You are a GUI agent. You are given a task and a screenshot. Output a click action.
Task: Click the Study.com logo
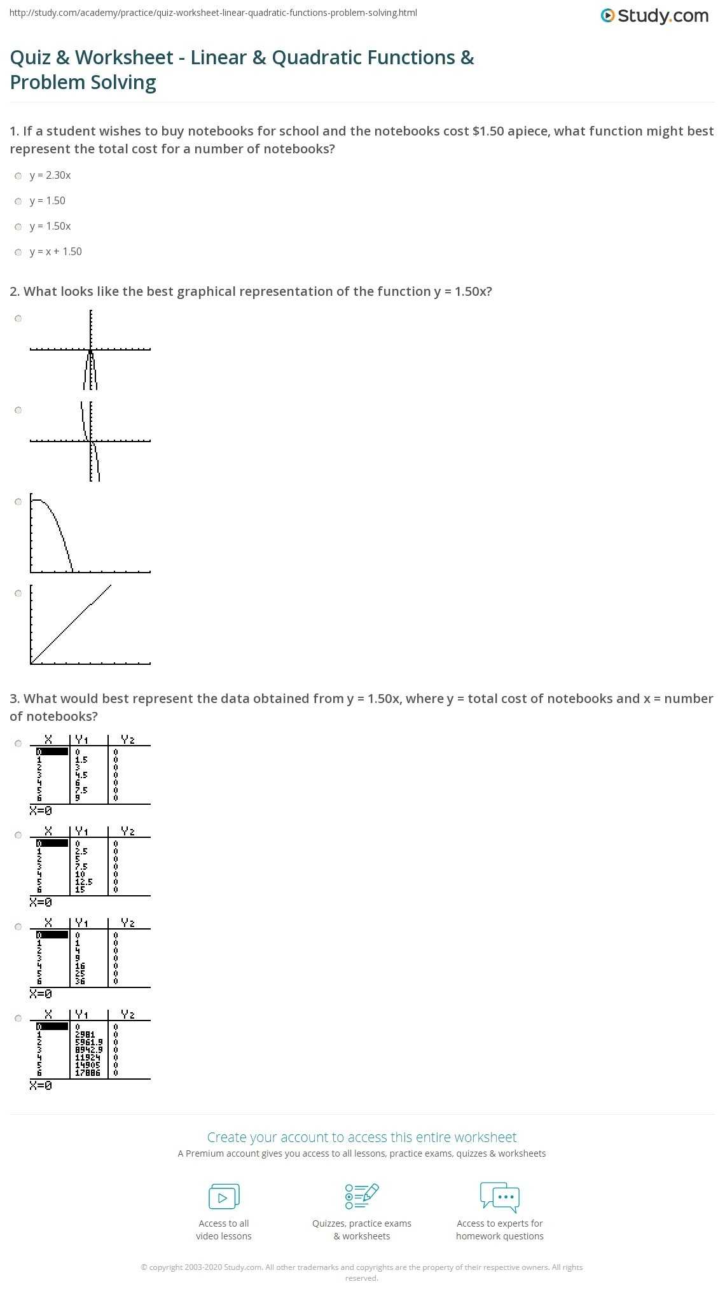[x=654, y=16]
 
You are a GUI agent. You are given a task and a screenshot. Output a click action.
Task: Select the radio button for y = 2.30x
[x=18, y=176]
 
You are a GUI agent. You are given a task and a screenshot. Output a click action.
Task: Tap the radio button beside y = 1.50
[x=18, y=201]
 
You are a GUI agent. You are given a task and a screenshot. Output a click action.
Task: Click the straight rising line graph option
[x=90, y=624]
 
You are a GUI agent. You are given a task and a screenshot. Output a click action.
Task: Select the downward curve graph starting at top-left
[x=90, y=534]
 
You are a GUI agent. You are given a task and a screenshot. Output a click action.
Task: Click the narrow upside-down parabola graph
[x=90, y=350]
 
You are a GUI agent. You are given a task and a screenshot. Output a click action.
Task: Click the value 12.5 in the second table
[x=83, y=882]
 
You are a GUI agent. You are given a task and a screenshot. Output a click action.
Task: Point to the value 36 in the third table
[x=80, y=981]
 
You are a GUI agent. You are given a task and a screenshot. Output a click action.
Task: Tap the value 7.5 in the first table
[x=81, y=790]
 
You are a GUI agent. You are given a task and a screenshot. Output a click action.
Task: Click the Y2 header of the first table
[x=128, y=739]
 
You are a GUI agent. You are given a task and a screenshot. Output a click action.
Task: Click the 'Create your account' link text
[x=361, y=1137]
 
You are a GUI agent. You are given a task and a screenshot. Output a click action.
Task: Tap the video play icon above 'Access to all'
[x=224, y=1196]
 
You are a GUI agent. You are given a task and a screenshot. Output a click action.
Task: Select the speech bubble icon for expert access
[x=500, y=1196]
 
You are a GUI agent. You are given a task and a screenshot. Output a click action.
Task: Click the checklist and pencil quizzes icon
[x=361, y=1196]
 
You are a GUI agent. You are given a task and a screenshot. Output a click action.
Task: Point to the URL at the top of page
[x=213, y=13]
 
